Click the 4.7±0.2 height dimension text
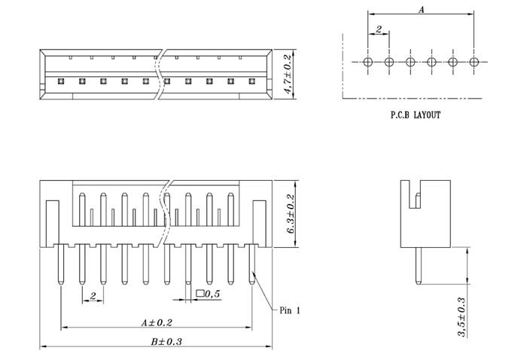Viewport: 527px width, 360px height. click(287, 74)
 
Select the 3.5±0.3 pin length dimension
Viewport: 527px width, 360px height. click(462, 317)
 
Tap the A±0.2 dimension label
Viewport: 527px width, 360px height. click(157, 322)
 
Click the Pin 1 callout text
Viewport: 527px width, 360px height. click(291, 310)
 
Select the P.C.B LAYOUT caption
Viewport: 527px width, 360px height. click(415, 115)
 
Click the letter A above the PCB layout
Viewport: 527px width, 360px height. click(422, 10)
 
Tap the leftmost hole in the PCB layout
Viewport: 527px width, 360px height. click(368, 62)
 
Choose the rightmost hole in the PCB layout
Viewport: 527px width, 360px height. click(474, 62)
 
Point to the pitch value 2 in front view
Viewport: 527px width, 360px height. click(92, 297)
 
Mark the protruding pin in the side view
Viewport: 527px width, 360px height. click(416, 266)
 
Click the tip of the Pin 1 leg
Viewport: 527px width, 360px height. click(252, 283)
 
